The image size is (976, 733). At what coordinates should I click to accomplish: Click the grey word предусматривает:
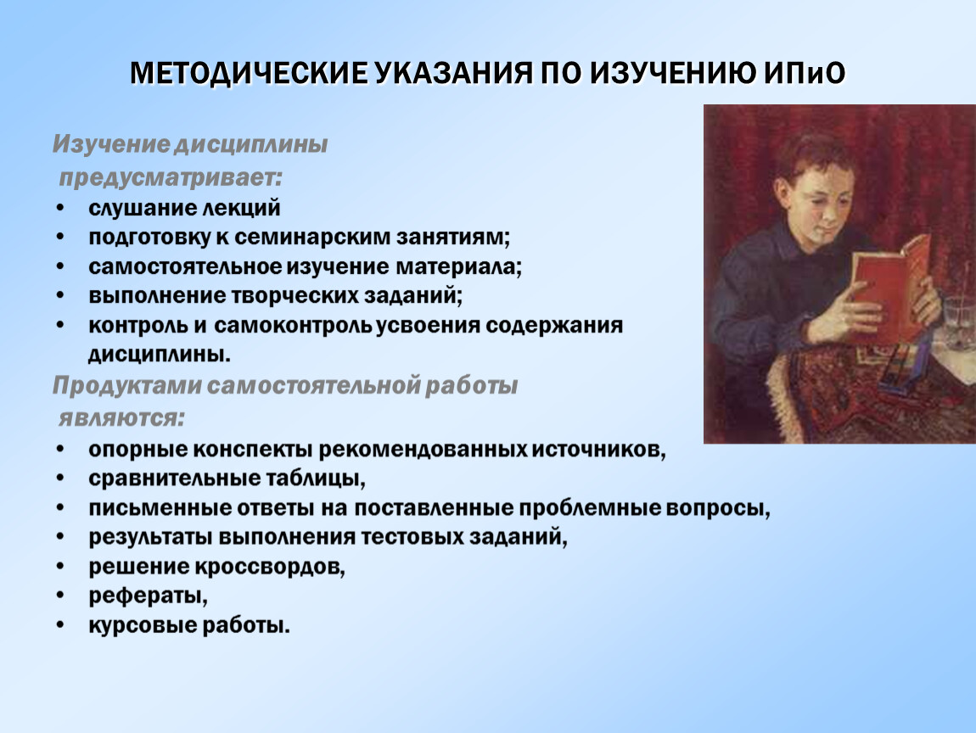(x=171, y=178)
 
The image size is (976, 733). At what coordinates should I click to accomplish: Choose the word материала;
(x=459, y=266)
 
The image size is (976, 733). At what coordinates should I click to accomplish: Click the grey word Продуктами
(x=126, y=386)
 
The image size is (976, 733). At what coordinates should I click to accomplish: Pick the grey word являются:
(x=122, y=418)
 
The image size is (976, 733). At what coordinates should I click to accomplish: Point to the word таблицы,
(x=316, y=478)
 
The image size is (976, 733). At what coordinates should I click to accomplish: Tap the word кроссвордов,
(x=270, y=567)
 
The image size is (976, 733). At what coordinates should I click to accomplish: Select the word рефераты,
(x=149, y=596)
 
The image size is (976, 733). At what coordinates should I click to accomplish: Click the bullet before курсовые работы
(x=59, y=624)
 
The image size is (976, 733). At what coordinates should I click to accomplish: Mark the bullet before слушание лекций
(x=59, y=207)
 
